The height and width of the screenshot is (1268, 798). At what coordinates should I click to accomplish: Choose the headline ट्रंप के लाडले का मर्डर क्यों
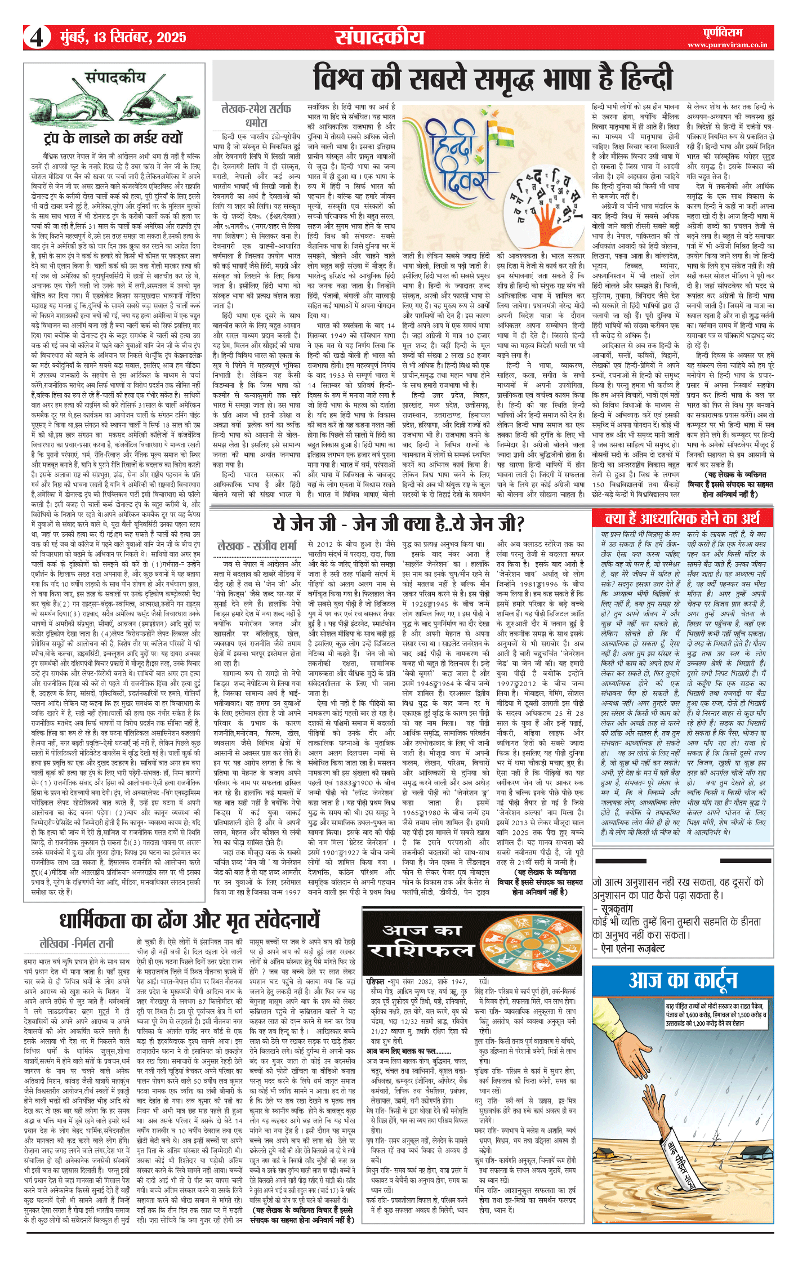point(113,138)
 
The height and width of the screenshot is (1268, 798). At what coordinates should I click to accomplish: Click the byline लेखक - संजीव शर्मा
point(257,545)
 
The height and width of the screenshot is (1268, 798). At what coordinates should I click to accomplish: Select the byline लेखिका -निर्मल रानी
point(77,943)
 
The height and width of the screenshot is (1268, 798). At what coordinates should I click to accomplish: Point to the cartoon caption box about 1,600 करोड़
point(715,1015)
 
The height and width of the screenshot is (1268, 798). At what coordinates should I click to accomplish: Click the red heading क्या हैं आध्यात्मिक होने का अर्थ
point(682,518)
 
